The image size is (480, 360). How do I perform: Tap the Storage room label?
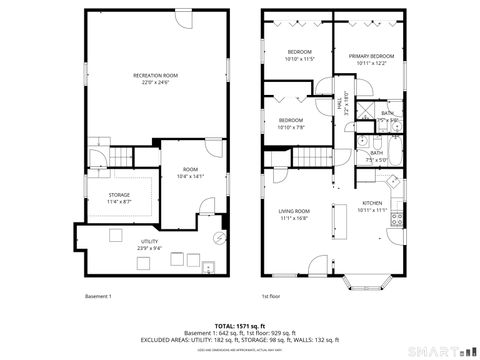click(x=119, y=195)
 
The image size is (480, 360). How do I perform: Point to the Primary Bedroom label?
click(x=371, y=57)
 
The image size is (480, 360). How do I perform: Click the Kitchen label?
click(x=371, y=203)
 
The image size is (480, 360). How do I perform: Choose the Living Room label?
click(x=294, y=211)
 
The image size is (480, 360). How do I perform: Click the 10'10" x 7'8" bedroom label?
click(x=291, y=121)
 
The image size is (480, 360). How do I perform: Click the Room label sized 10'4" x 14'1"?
click(x=189, y=171)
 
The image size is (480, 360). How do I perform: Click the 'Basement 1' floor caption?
click(x=97, y=296)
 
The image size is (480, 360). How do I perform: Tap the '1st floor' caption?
click(x=270, y=296)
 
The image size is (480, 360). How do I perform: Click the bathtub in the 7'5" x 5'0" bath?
click(x=394, y=155)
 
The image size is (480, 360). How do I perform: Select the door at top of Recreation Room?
click(x=183, y=20)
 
